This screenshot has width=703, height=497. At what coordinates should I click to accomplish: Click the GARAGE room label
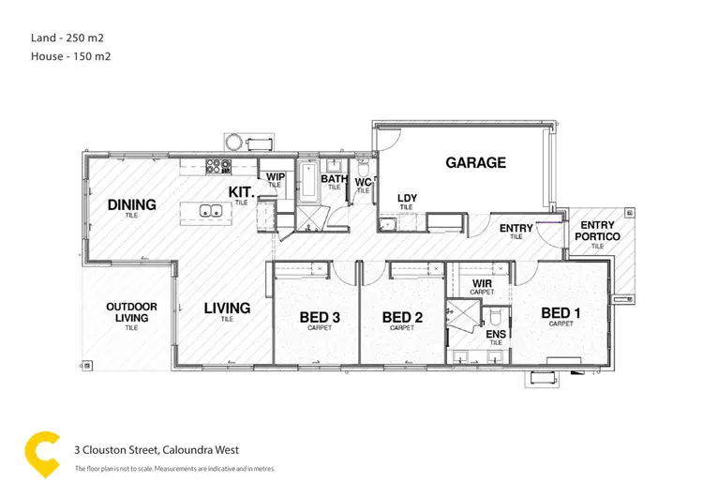pos(475,162)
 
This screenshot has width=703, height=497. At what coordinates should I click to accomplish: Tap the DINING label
pos(131,204)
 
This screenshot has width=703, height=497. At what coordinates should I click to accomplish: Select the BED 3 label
pos(320,318)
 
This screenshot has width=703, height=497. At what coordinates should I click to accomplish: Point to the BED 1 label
pos(561,313)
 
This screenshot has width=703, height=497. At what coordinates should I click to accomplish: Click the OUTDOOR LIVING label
pos(131,311)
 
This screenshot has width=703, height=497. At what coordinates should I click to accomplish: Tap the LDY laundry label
pos(407,198)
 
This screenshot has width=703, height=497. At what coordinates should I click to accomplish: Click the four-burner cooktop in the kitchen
pos(218,167)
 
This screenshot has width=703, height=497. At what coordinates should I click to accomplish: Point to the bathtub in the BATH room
pos(308,177)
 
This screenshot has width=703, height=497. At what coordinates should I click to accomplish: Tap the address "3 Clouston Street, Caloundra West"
pos(163,449)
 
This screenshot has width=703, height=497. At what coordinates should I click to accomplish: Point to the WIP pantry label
pos(276,176)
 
